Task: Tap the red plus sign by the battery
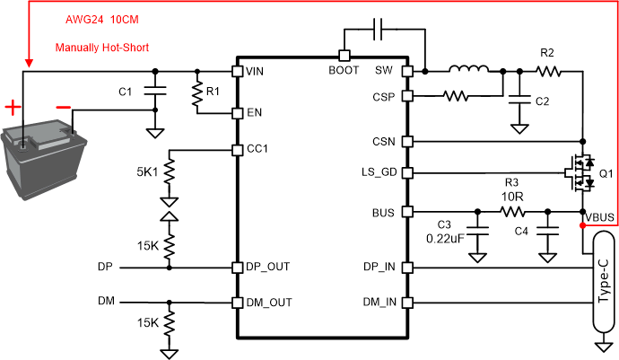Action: (13, 108)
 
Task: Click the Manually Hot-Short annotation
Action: (101, 48)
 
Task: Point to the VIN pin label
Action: (256, 71)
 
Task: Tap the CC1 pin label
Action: (258, 149)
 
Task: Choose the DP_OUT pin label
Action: (267, 267)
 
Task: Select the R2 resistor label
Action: (547, 53)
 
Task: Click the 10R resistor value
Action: (512, 195)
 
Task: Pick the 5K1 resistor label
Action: (143, 171)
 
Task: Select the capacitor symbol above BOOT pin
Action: (379, 31)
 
